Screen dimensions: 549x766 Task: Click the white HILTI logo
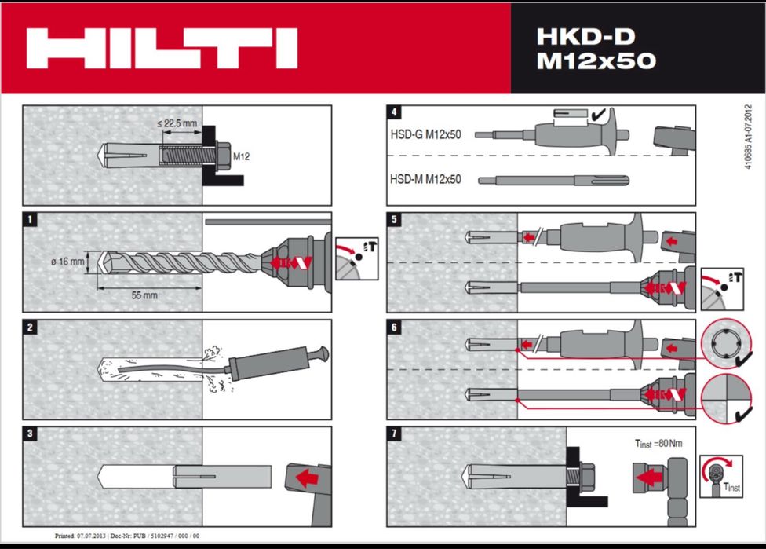point(161,48)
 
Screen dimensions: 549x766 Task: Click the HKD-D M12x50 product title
point(596,49)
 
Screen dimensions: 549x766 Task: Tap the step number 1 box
point(30,220)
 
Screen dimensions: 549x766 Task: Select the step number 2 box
point(30,327)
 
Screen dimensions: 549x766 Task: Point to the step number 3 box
point(30,434)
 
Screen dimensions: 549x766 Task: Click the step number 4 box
point(394,112)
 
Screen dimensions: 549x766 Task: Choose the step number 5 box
point(394,220)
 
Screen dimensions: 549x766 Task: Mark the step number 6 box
point(394,327)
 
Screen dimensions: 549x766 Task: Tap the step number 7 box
point(394,434)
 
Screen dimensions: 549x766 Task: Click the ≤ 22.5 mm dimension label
point(177,123)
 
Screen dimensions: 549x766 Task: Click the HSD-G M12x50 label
point(425,134)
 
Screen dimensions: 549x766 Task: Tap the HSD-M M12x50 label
point(425,179)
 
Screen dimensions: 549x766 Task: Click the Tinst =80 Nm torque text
point(658,444)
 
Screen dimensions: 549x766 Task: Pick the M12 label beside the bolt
point(242,156)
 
